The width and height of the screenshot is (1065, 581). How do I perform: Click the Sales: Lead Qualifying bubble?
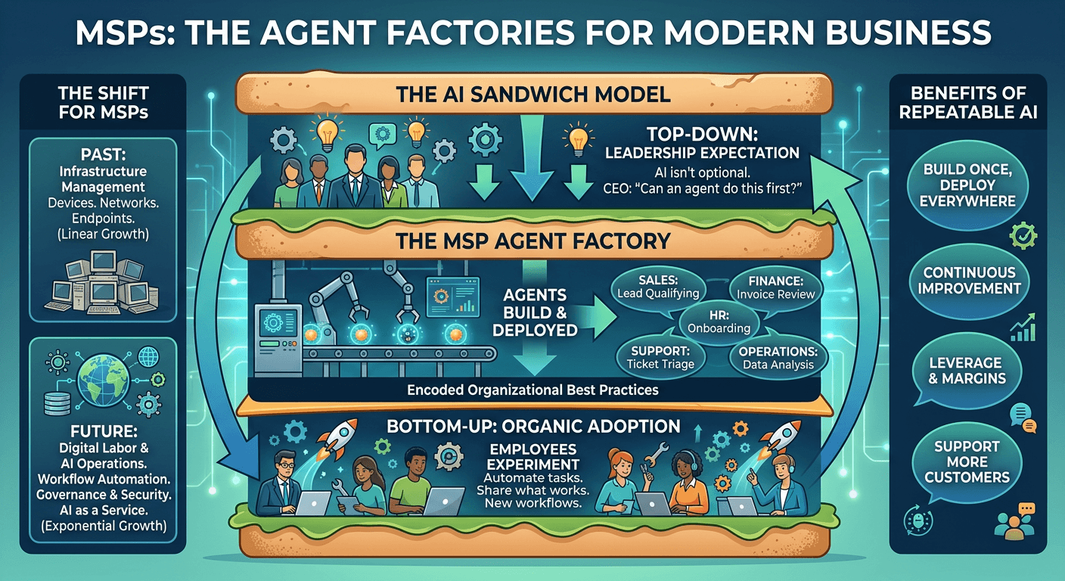click(657, 285)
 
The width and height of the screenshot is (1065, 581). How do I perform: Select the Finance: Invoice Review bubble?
click(775, 285)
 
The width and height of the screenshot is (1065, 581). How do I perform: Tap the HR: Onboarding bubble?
click(719, 320)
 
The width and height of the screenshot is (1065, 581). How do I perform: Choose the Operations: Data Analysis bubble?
click(778, 356)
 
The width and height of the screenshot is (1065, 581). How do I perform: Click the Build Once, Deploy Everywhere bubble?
click(968, 184)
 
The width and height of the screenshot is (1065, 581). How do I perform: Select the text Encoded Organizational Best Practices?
click(532, 390)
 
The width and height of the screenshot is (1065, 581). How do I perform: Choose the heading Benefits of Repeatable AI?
click(968, 104)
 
